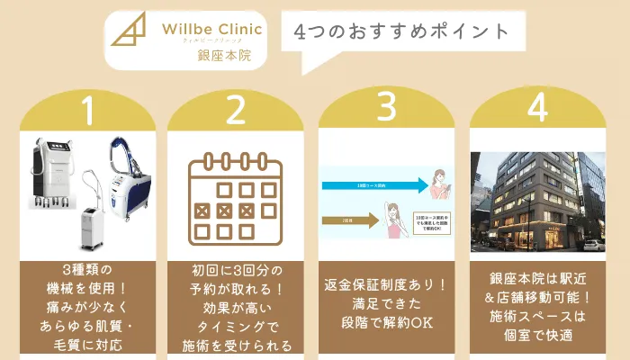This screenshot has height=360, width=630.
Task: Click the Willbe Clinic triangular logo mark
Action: point(127,33)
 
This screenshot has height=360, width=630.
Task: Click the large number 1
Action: point(87,112)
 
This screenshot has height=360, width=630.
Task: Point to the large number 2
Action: point(236,112)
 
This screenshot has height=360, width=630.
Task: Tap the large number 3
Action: point(386,108)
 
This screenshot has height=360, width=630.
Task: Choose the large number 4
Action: point(537,108)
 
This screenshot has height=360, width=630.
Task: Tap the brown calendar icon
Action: point(236,198)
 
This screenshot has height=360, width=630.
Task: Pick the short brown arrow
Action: point(346,219)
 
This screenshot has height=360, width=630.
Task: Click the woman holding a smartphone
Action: point(441,186)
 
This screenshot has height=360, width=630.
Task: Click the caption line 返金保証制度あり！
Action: point(386,285)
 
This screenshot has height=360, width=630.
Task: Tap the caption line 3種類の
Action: point(87,269)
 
